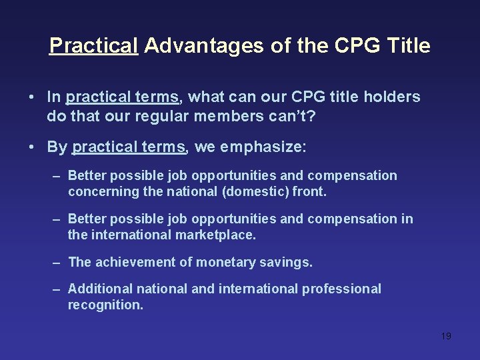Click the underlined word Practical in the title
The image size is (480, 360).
coord(94,46)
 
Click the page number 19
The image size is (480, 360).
coord(446,336)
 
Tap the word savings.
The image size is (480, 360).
coord(289,263)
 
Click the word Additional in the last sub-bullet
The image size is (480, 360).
coord(100,289)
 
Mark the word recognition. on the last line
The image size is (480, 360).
coord(105,305)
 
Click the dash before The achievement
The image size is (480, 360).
coord(57,263)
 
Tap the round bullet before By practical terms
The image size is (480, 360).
coord(31,147)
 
